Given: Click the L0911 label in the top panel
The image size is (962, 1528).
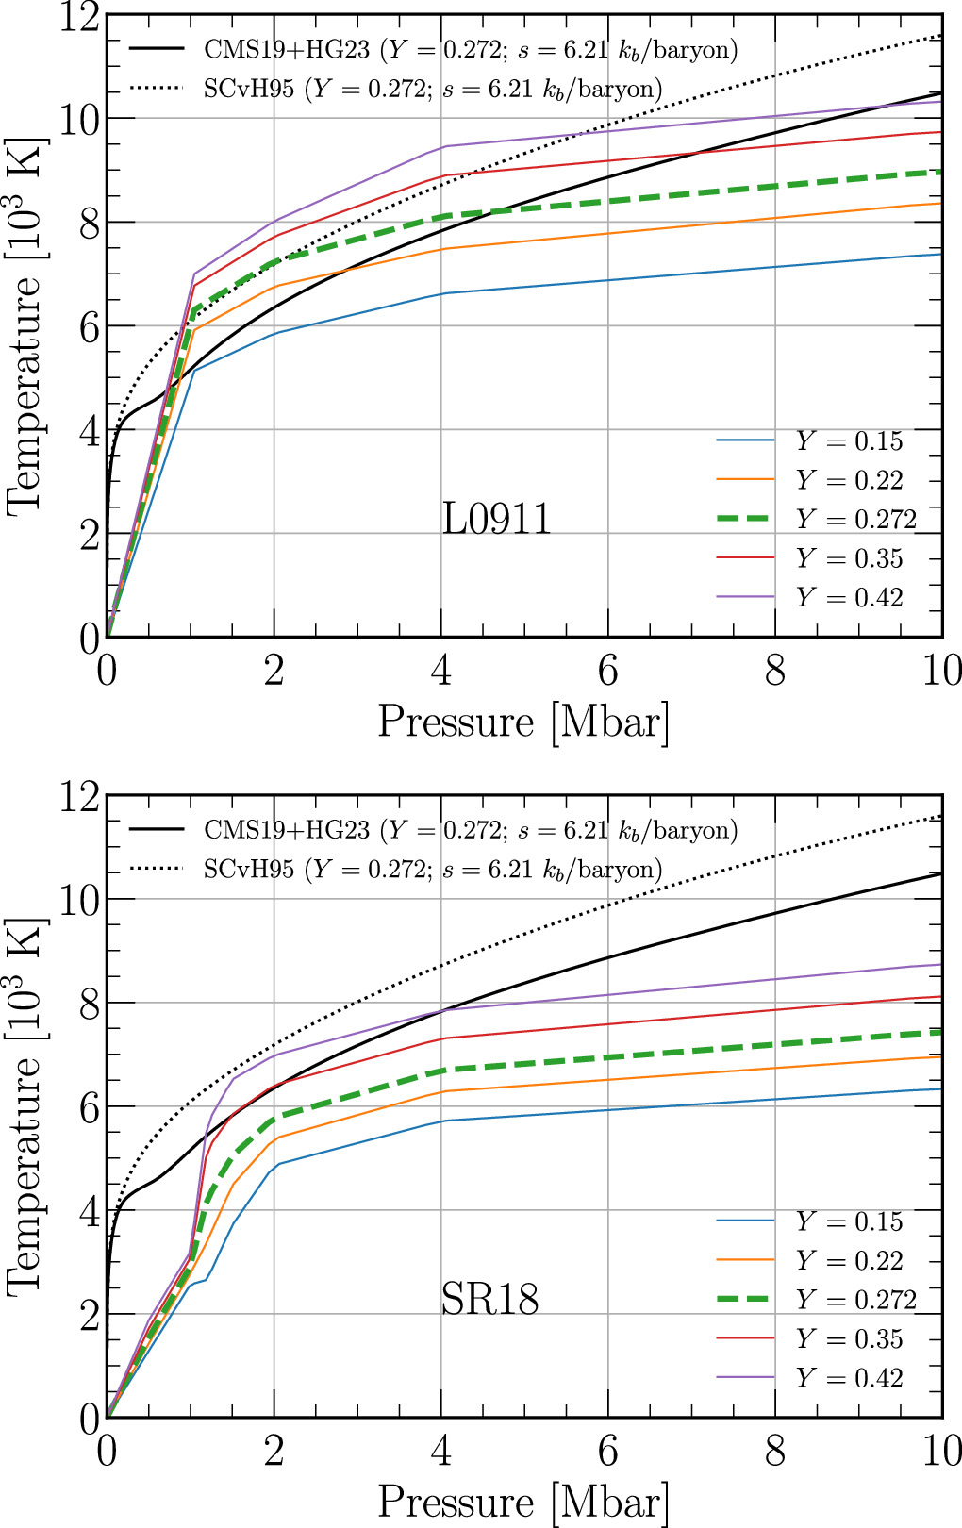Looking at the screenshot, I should tap(496, 520).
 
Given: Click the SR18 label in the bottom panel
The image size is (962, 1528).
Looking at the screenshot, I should tap(489, 1300).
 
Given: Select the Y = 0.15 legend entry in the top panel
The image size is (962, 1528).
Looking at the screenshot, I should tap(849, 441).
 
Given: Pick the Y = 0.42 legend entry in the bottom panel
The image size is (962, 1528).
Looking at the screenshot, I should tap(849, 1378).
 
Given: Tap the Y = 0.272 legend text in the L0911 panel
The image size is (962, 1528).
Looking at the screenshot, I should tap(855, 520).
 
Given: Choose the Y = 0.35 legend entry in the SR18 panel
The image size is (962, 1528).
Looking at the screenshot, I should tap(849, 1339).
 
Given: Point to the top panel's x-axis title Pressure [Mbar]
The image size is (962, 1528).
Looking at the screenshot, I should tap(523, 722).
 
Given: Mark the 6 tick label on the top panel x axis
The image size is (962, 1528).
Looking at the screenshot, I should tap(608, 672).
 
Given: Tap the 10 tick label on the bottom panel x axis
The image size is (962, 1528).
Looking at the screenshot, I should tap(940, 1452).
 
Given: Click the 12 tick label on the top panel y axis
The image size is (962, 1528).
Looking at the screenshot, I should tap(80, 17).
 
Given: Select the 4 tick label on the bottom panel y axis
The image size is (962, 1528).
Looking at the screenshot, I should tap(88, 1211).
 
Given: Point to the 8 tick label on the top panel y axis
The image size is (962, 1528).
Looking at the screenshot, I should tap(88, 224).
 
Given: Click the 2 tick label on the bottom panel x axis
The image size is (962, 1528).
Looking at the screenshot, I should tap(274, 1452).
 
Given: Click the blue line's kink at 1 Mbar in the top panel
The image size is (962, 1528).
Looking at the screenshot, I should tap(193, 370).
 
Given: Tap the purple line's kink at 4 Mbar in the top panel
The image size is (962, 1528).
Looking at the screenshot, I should tap(442, 146).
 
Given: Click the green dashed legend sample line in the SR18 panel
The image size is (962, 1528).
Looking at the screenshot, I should tap(745, 1300).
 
